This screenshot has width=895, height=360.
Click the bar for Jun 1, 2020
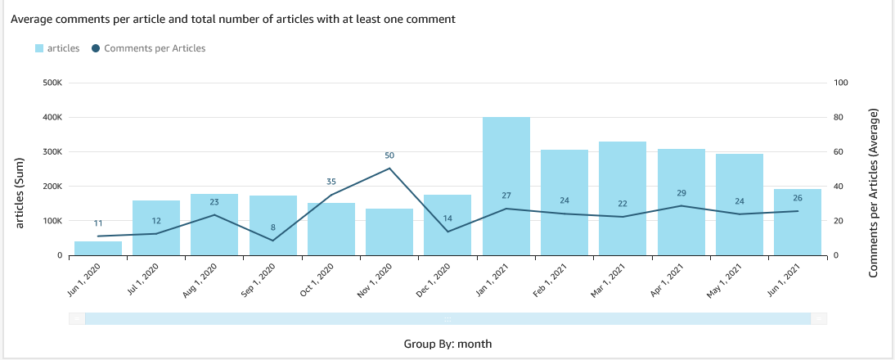pyautogui.click(x=98, y=248)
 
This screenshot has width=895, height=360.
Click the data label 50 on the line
pyautogui.click(x=389, y=155)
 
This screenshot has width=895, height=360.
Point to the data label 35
pyautogui.click(x=331, y=182)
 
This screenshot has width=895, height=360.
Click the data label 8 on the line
pyautogui.click(x=272, y=227)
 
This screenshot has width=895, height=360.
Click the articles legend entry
pyautogui.click(x=57, y=48)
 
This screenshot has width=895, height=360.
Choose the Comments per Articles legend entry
pyautogui.click(x=148, y=48)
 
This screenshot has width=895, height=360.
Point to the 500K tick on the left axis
pyautogui.click(x=52, y=83)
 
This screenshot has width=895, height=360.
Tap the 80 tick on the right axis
pyautogui.click(x=838, y=117)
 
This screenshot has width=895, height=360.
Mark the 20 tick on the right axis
pyautogui.click(x=838, y=221)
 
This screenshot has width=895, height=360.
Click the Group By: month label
pyautogui.click(x=447, y=344)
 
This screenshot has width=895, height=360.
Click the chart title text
pyautogui.click(x=232, y=17)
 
